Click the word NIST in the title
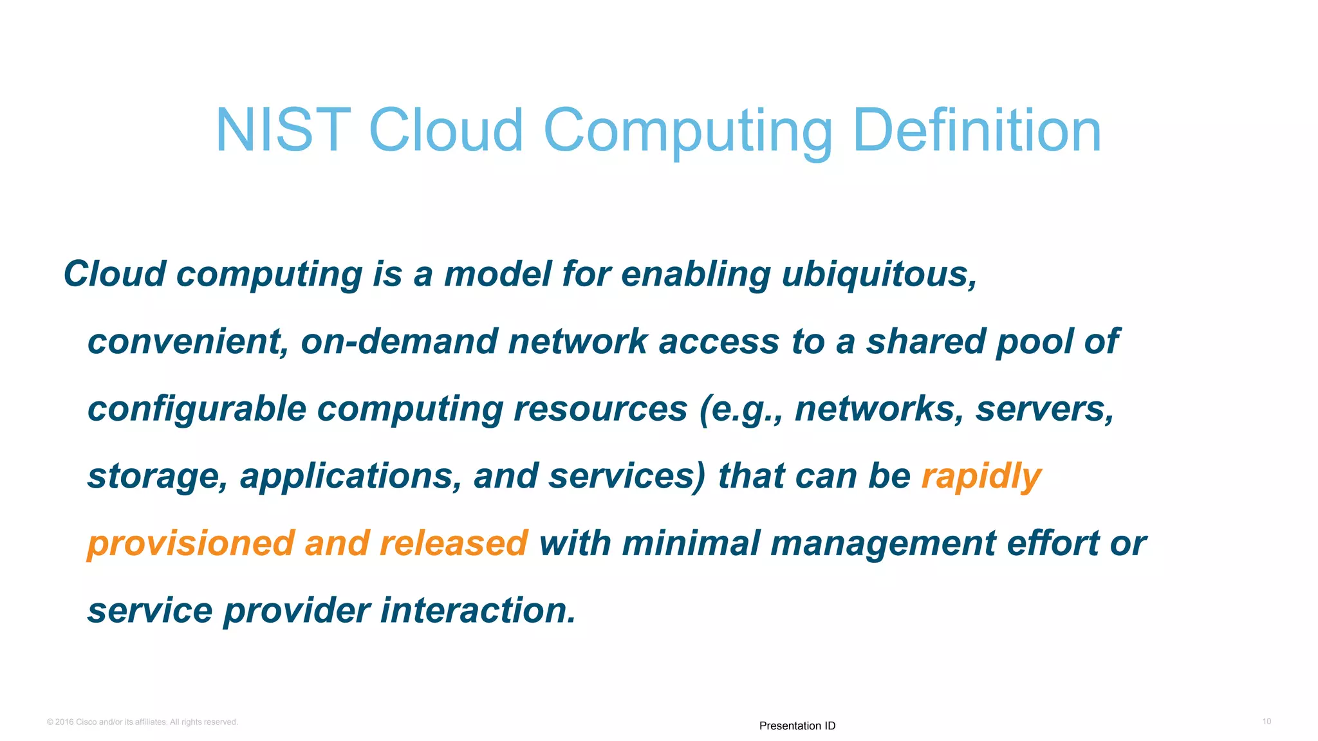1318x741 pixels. point(283,131)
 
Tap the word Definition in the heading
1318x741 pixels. point(977,131)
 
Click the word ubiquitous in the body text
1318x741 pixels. point(879,275)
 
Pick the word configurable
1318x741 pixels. point(196,410)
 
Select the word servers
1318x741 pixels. point(1044,410)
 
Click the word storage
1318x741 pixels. point(157,477)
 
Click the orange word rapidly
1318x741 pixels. point(981,477)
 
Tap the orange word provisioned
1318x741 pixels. point(190,544)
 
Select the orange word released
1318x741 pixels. point(454,544)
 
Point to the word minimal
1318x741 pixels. point(691,544)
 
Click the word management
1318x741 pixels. point(883,544)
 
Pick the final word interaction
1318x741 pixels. point(478,610)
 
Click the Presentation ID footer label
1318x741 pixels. point(797,726)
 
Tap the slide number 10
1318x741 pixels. point(1266,722)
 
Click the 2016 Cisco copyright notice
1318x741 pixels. point(142,722)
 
